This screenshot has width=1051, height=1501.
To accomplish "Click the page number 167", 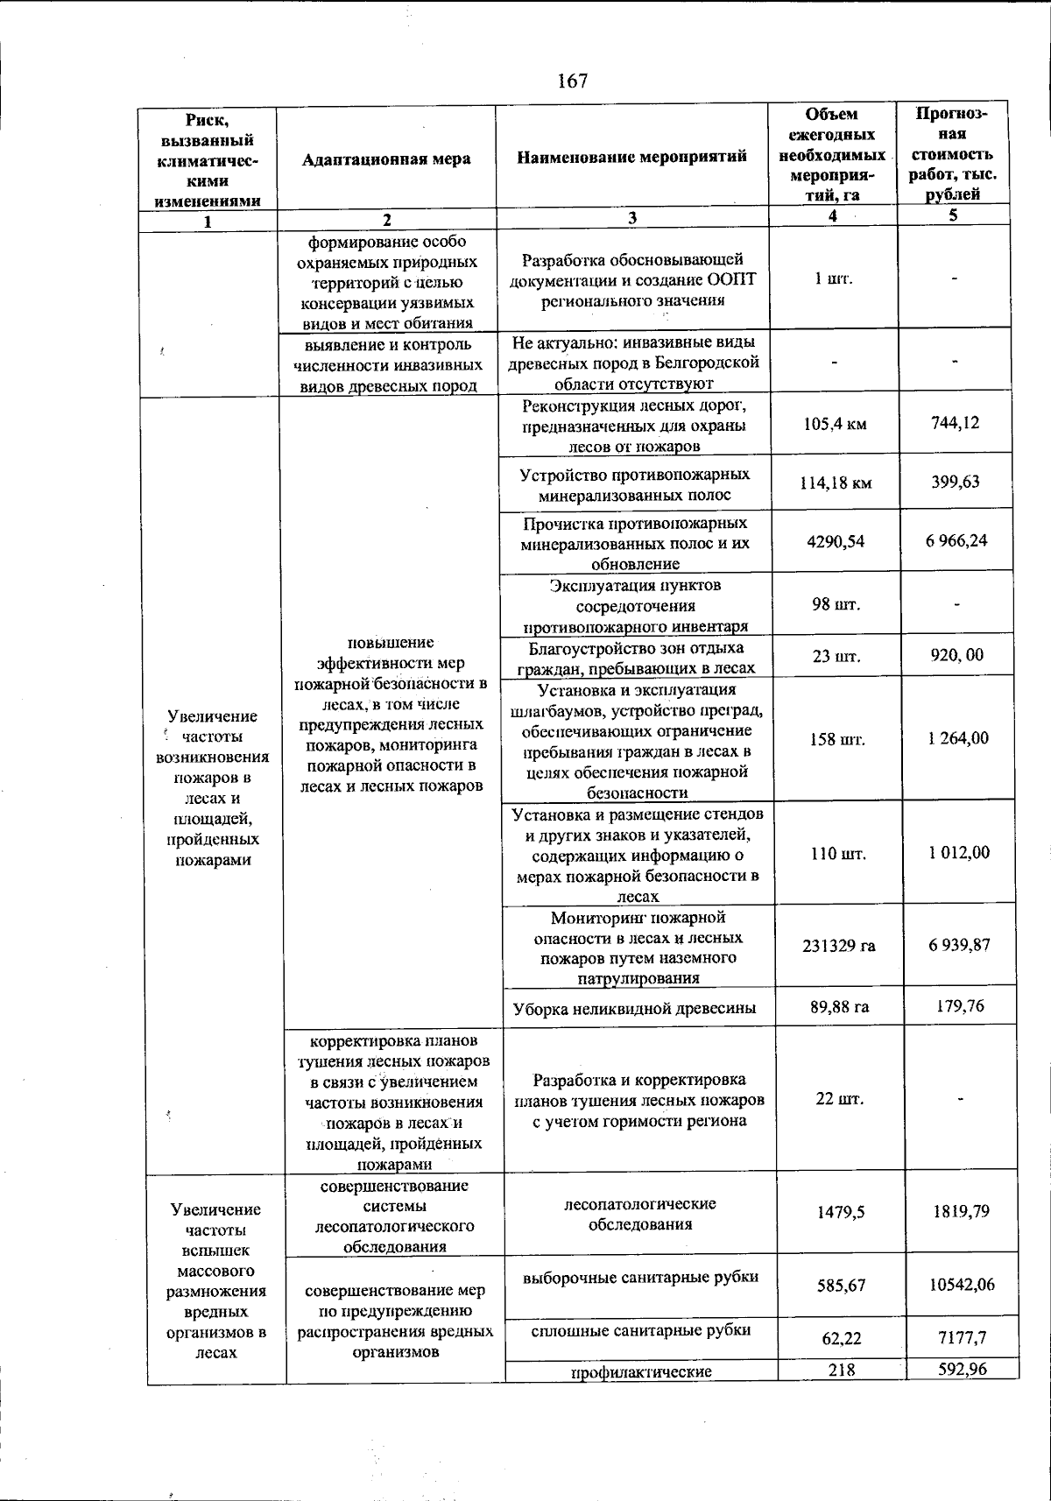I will (572, 81).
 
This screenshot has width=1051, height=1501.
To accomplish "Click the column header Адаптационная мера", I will (386, 159).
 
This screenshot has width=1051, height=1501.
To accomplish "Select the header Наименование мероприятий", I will (631, 157).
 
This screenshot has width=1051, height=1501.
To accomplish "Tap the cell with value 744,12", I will (956, 423).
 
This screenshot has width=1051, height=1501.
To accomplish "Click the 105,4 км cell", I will (835, 425).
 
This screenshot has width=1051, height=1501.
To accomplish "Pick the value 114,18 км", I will (836, 483).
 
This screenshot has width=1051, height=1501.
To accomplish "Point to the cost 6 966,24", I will (956, 540).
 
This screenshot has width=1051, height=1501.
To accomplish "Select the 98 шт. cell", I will (836, 605).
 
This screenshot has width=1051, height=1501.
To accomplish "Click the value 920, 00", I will (957, 655).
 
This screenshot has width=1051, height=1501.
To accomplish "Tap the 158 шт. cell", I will (838, 739).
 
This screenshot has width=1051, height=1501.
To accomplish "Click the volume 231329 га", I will (839, 946).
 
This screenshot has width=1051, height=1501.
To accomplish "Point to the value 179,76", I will (960, 1006).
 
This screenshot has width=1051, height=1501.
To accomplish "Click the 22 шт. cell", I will (839, 1099).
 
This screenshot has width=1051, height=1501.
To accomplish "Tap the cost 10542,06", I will (962, 1285).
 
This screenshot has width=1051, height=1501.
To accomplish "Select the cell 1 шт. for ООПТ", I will (833, 279).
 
